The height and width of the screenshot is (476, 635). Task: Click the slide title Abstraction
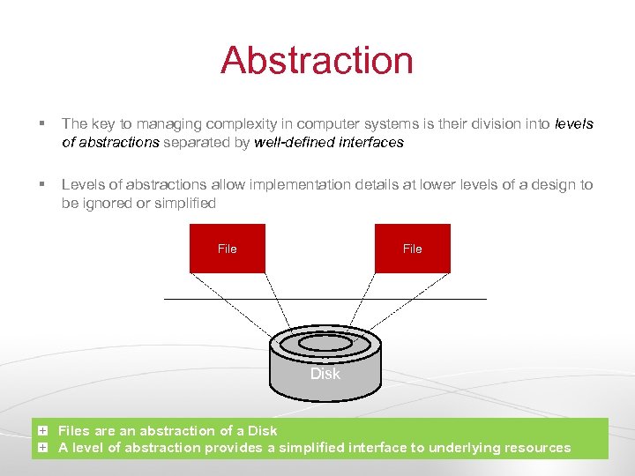317,61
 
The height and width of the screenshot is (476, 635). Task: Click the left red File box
228,249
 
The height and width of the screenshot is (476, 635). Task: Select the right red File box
412,249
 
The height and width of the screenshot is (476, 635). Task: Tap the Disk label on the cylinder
325,374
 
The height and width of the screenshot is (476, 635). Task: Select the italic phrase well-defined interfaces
329,142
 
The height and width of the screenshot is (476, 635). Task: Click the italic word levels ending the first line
574,124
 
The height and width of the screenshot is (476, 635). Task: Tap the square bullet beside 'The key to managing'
42,124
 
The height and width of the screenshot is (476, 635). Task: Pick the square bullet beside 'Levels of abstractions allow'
42,185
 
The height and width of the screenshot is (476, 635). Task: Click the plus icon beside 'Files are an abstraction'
42,430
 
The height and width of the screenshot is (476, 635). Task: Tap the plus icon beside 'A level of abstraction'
42,447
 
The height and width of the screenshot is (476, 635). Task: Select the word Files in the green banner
74,430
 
